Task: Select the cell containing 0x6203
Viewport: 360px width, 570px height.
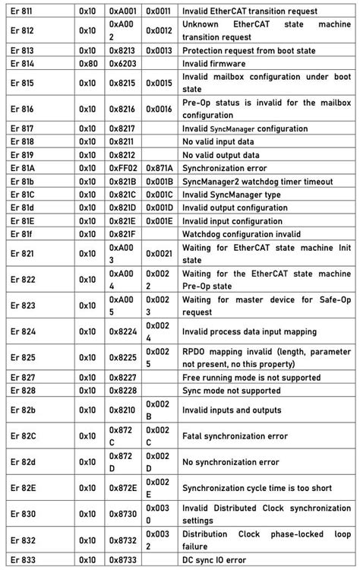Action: (x=122, y=63)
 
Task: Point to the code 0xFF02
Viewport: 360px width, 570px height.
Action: (x=122, y=167)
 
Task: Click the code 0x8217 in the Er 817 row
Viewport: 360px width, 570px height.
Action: (x=122, y=128)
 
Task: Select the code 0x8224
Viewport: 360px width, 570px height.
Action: (x=122, y=331)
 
